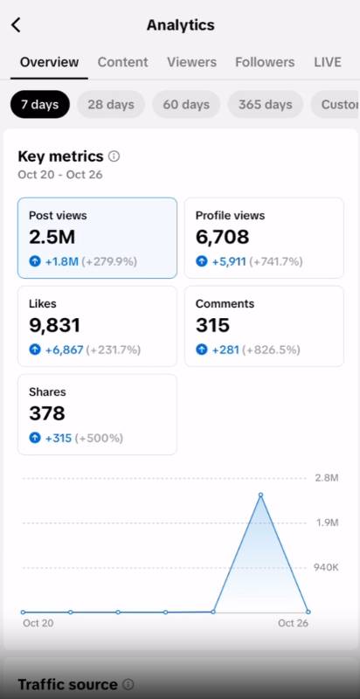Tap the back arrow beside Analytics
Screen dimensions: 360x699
coord(16,25)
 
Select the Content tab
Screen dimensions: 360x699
coord(122,62)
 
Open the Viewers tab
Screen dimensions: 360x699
coord(191,62)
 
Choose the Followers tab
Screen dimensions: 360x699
coord(265,62)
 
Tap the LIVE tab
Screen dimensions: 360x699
coord(328,62)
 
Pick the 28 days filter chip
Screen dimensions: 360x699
coord(111,104)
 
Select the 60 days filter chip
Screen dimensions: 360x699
coord(186,104)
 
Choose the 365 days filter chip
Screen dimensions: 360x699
coord(266,104)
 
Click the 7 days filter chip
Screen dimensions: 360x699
coord(40,104)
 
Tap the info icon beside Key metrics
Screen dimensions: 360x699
coord(114,156)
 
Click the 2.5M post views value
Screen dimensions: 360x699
coord(52,237)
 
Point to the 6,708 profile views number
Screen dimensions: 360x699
coord(222,237)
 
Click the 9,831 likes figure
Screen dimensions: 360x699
coord(55,325)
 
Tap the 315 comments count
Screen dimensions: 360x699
coord(212,325)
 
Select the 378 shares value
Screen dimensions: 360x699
coord(47,413)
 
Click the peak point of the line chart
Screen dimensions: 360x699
coord(260,495)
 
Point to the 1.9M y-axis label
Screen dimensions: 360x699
coord(328,523)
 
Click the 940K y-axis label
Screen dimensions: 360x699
coord(326,567)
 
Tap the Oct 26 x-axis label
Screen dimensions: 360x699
coord(294,623)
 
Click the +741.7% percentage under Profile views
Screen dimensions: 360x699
coord(276,261)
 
